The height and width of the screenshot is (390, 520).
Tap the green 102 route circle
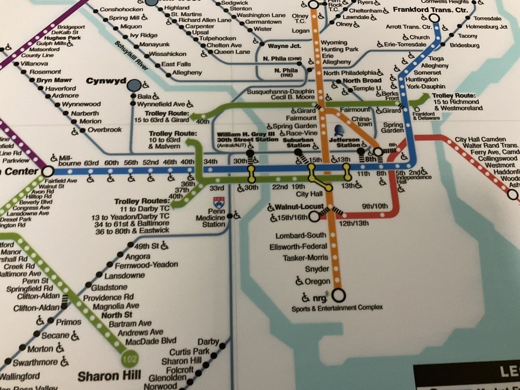click(129, 359)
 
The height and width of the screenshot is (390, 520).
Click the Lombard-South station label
click(301, 236)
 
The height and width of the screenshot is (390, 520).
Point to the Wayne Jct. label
click(285, 47)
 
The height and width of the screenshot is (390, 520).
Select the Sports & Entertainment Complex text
click(337, 308)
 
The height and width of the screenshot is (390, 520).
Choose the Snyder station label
click(317, 269)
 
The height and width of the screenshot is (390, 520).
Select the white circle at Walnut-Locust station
click(314, 217)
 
